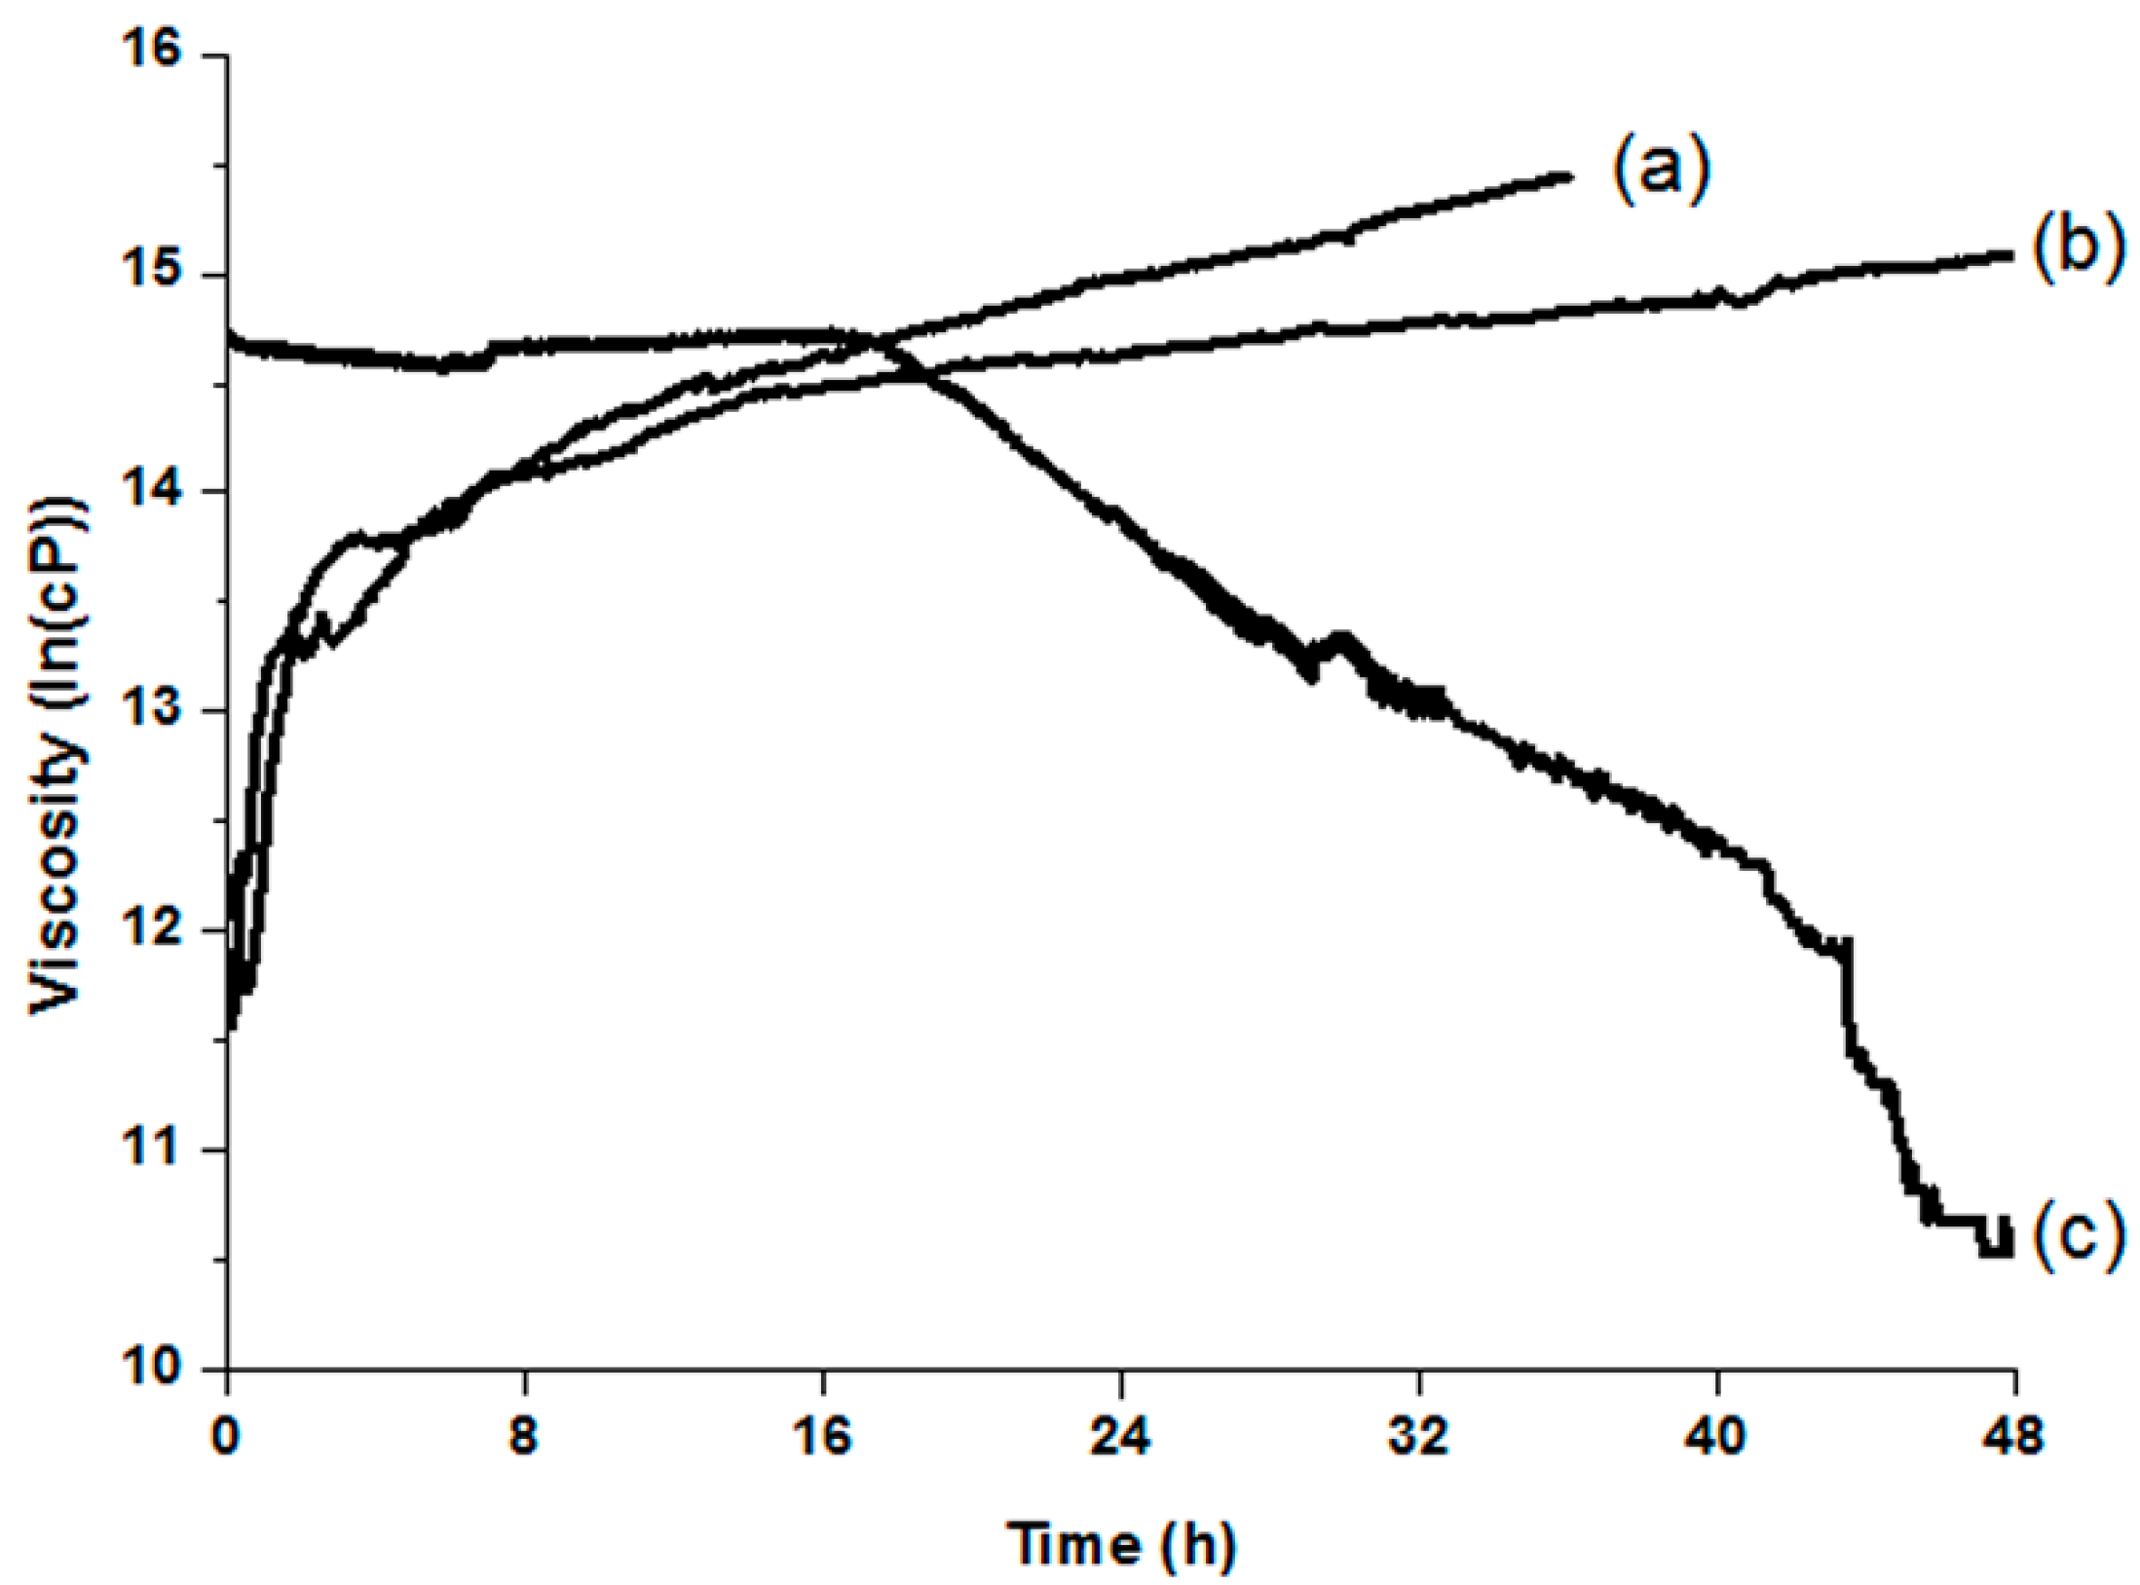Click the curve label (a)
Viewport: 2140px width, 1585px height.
pos(1661,171)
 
